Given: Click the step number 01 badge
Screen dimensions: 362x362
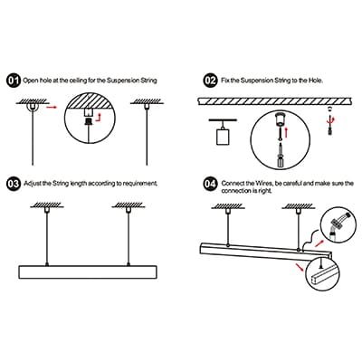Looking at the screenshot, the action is (14, 81).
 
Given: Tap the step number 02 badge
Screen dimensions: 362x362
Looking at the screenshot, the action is (210, 81).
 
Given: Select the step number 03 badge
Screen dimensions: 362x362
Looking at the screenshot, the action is (14, 184).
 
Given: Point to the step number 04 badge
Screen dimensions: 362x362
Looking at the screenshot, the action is (210, 184).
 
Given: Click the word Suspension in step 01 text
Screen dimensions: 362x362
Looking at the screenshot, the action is (122, 81).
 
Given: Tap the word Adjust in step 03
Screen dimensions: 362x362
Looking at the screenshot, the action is (32, 184).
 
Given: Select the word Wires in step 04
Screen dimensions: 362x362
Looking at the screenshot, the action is (264, 184).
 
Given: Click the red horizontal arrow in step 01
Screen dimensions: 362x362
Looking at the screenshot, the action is (52, 107).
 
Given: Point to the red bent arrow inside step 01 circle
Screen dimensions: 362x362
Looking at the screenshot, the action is (99, 118).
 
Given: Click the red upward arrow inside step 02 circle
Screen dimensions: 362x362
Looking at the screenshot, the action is (286, 131).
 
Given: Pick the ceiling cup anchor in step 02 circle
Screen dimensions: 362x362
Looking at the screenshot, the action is (281, 119).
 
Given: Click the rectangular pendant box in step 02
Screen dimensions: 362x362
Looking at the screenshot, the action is (224, 137).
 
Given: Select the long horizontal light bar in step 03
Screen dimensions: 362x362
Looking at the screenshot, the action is (88, 272).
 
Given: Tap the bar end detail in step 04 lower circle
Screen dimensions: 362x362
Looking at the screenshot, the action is (322, 276).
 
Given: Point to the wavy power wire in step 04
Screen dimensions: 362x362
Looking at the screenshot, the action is (309, 240).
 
